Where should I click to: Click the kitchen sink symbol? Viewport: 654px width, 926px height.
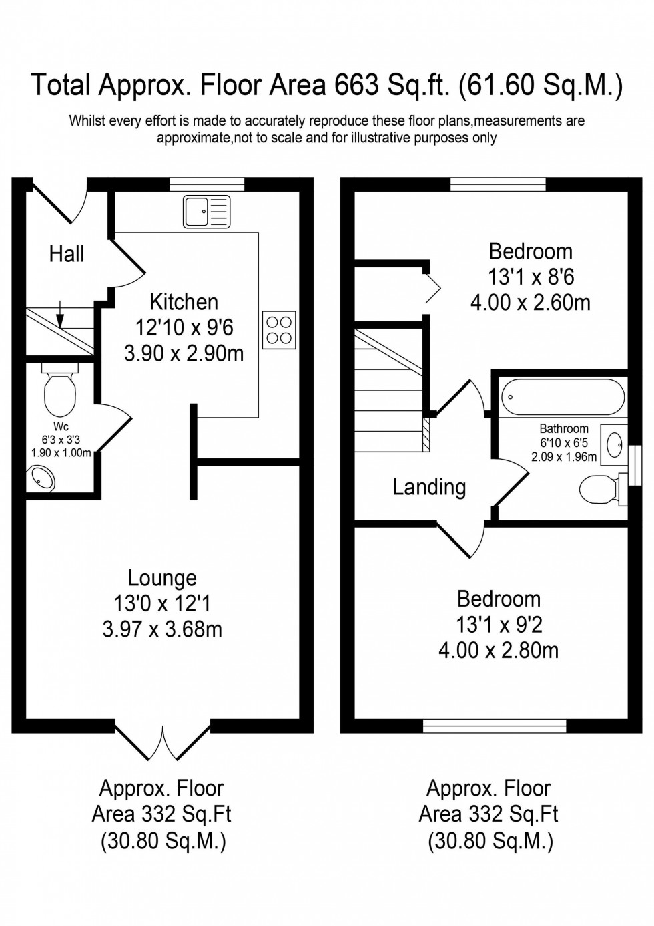click(x=206, y=212)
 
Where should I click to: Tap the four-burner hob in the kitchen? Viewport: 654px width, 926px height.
click(x=279, y=330)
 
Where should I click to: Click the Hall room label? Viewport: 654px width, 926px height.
click(x=67, y=254)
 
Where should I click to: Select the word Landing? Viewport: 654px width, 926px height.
click(x=429, y=487)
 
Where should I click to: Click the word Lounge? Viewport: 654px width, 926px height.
click(x=162, y=578)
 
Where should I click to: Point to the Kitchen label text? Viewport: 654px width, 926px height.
click(x=184, y=302)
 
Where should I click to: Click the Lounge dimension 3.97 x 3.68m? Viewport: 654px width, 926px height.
click(x=162, y=629)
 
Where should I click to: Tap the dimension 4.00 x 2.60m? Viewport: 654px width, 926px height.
click(x=531, y=303)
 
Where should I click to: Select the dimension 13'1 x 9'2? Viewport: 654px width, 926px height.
click(x=499, y=625)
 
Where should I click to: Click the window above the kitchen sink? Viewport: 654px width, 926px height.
click(x=207, y=184)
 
